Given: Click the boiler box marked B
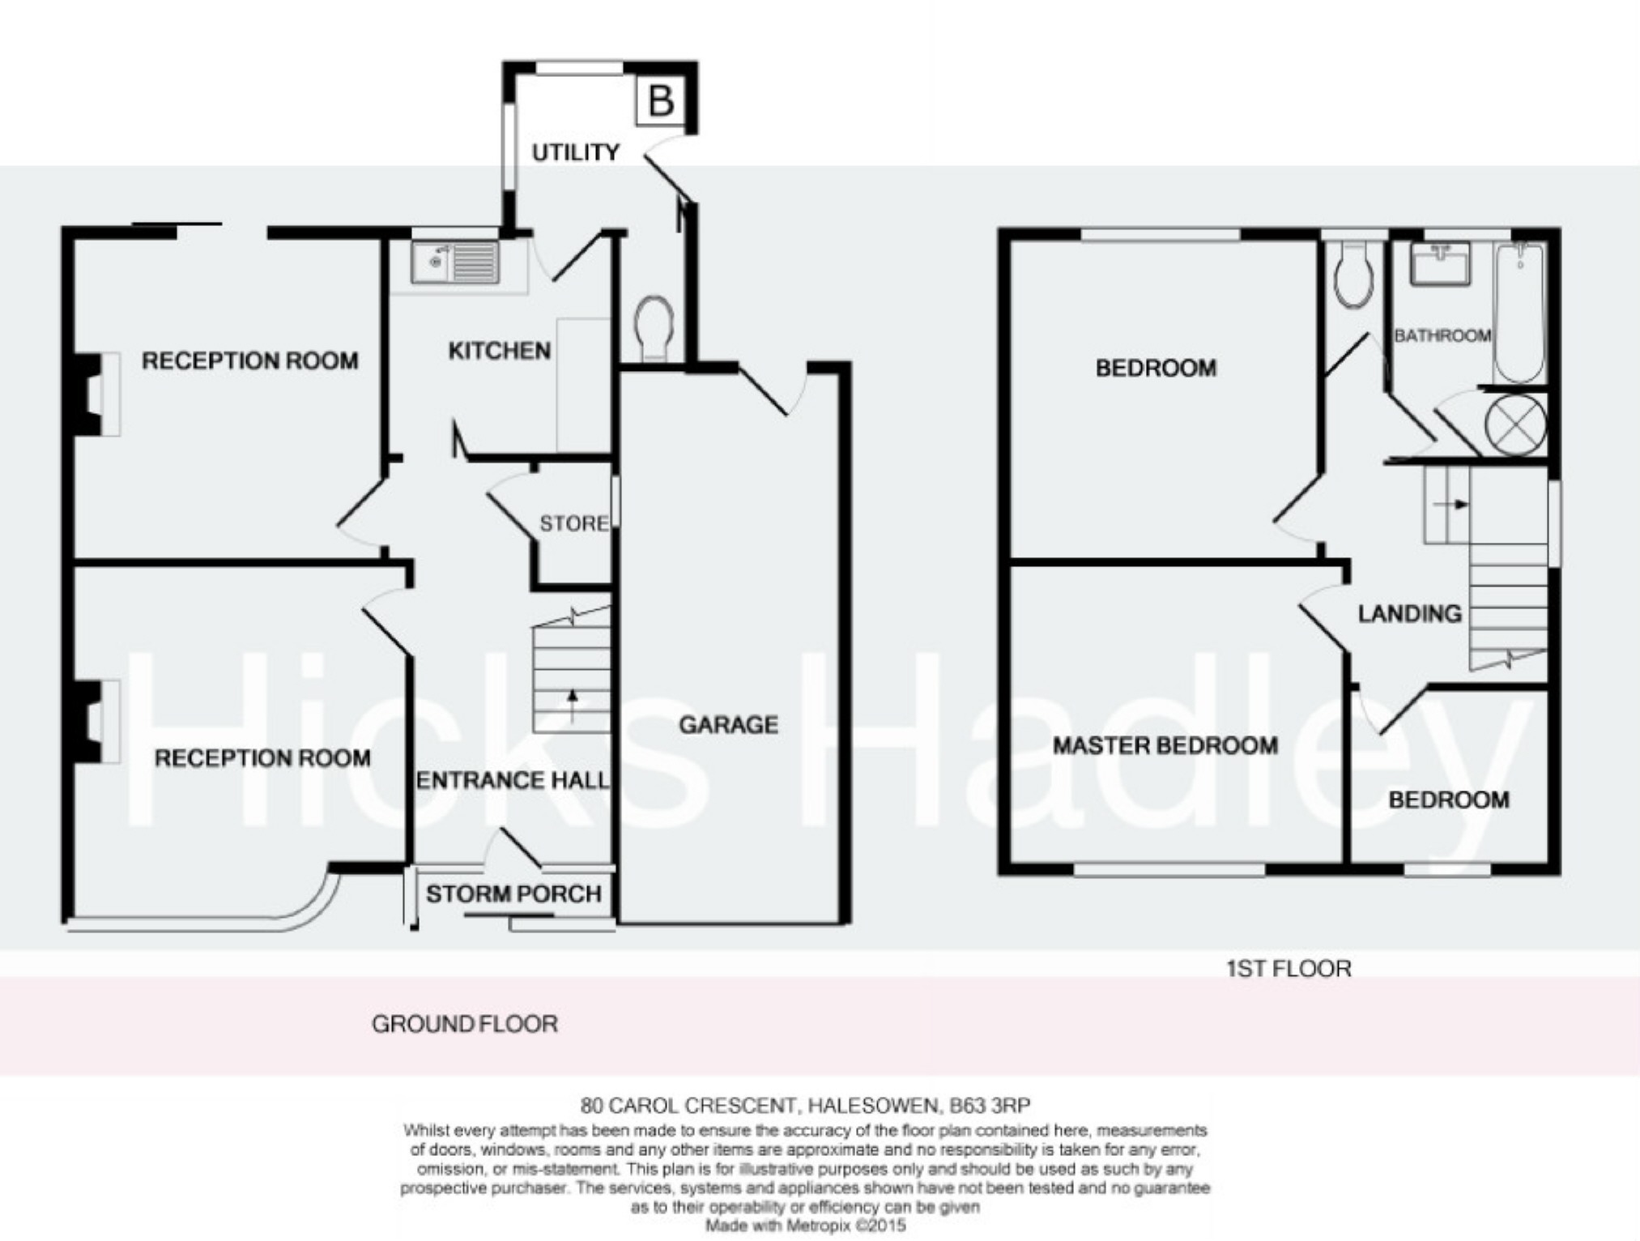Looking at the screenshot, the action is point(662,101).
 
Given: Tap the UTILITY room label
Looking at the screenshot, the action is point(575,152).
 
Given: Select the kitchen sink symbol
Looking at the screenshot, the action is point(454,262).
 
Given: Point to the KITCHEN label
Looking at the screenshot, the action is point(500,351).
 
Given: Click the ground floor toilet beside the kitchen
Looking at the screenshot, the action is point(655,328).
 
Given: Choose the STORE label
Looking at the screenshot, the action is point(574,523).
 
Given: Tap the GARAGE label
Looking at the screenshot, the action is point(728,724).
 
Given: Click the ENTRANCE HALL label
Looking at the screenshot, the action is point(512,780).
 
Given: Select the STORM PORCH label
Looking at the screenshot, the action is point(513,893).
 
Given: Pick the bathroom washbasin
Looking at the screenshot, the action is point(1440,263).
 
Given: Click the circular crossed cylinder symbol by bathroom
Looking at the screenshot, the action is point(1516,424).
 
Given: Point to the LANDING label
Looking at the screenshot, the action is point(1409,614).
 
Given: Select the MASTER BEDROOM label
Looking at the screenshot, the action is point(1165,745).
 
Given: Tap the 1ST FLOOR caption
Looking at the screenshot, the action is point(1289,968).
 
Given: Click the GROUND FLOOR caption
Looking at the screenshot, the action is point(465,1024).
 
